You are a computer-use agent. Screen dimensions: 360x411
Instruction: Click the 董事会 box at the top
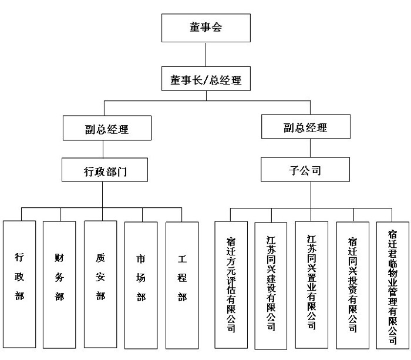(x=206, y=27)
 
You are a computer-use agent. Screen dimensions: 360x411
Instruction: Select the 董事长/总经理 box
(x=206, y=80)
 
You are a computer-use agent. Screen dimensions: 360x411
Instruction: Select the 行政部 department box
(x=19, y=285)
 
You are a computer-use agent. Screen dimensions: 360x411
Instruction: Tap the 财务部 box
(x=59, y=285)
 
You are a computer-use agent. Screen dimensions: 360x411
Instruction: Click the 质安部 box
(x=100, y=285)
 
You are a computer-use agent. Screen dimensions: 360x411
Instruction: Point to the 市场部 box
(x=141, y=285)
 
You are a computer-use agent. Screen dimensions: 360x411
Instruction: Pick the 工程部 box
(x=182, y=285)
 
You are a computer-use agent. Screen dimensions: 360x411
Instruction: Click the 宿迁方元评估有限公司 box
(x=231, y=284)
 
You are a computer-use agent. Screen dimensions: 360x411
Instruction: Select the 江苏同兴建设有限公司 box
(x=271, y=284)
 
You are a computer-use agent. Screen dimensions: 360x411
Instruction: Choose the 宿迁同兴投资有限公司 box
(x=352, y=284)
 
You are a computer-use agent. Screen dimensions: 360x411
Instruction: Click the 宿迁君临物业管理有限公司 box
(x=392, y=284)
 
